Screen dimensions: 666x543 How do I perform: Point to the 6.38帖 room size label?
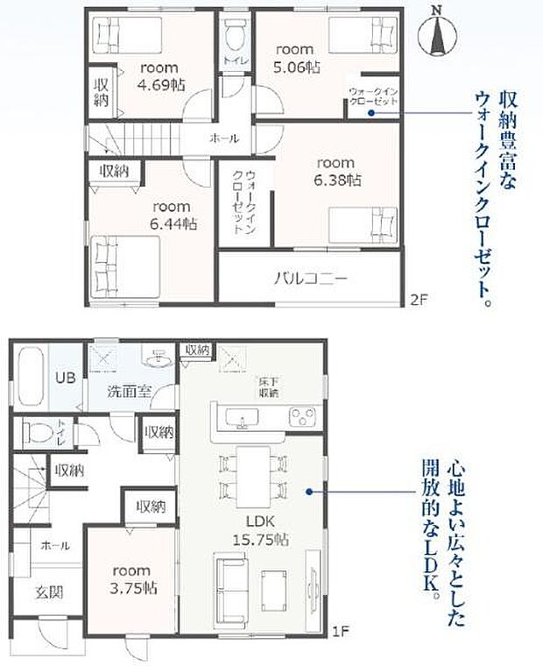click(x=336, y=181)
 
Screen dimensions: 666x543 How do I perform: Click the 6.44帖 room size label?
click(x=172, y=223)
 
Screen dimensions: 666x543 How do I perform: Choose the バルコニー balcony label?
click(x=311, y=280)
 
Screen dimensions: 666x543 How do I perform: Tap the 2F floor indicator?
click(x=418, y=300)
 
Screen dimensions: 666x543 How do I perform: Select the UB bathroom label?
click(x=66, y=379)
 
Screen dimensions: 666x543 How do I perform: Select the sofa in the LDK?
click(x=230, y=590)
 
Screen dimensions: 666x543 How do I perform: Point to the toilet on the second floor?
click(x=234, y=36)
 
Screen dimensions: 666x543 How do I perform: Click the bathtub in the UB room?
click(x=29, y=379)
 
